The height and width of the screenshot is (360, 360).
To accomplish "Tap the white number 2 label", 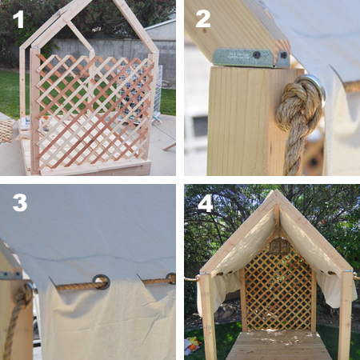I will click(203, 17).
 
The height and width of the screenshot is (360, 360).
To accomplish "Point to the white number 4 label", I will click(206, 202).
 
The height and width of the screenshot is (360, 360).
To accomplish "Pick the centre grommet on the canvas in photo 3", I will click(102, 281).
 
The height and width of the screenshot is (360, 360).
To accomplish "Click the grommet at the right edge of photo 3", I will click(170, 278).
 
